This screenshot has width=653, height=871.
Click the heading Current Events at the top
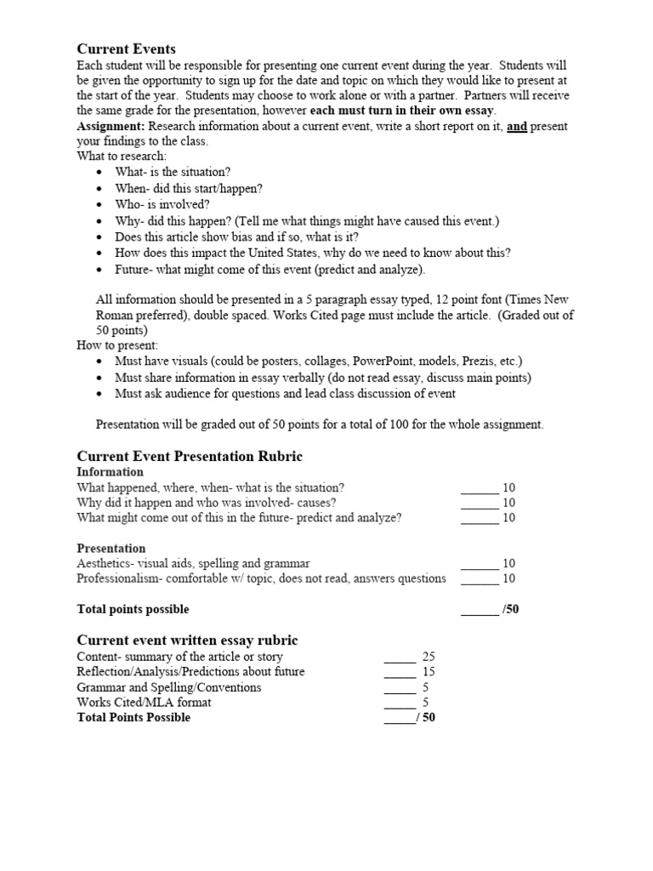(x=126, y=48)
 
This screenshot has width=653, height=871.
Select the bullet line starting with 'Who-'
(x=162, y=204)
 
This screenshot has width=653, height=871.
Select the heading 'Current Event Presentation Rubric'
(x=190, y=456)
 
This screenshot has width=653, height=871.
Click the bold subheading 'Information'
(x=110, y=472)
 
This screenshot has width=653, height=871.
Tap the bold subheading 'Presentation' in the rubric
(x=111, y=548)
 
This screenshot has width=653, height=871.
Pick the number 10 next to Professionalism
(x=509, y=578)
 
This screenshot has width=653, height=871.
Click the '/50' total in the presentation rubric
(x=510, y=609)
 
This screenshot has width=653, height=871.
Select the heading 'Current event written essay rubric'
(x=187, y=640)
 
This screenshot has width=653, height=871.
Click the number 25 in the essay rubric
(x=429, y=657)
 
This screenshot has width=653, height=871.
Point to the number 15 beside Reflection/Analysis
(x=429, y=672)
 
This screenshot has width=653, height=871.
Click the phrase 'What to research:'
(x=122, y=157)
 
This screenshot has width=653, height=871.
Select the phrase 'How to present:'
(x=117, y=345)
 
